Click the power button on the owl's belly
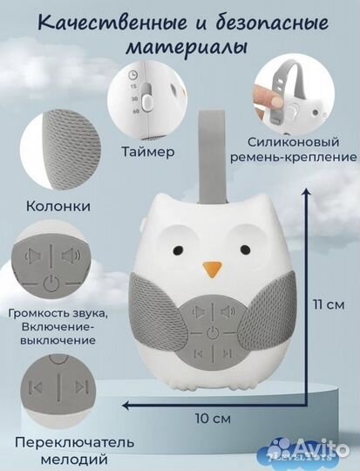[211, 331]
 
